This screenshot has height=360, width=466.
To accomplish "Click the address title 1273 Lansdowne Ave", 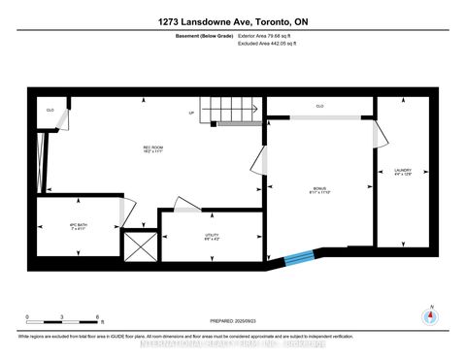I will (232, 21).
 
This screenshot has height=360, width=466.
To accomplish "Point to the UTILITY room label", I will (211, 236).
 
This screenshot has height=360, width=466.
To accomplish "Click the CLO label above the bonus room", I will (319, 106).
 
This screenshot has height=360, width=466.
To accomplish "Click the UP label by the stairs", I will (192, 113).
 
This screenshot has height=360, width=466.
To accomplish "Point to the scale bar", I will (64, 320).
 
